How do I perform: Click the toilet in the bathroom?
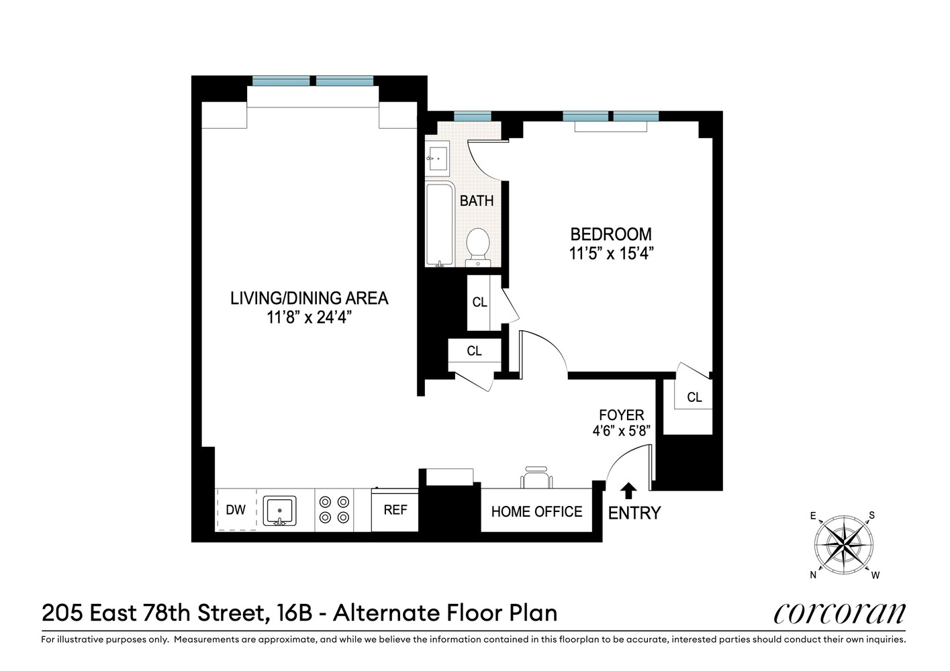click(478, 245)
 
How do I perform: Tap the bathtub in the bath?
click(439, 225)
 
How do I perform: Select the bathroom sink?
click(437, 159)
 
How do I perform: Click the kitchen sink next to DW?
click(279, 511)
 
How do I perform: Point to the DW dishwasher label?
click(236, 510)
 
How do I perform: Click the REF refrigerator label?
click(395, 510)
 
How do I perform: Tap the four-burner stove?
click(334, 509)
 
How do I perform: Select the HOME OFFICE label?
click(536, 512)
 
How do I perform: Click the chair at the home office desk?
click(537, 477)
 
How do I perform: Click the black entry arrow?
click(628, 491)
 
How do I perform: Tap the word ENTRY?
click(634, 513)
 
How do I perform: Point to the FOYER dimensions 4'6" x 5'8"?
click(621, 431)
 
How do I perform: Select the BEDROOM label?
click(610, 234)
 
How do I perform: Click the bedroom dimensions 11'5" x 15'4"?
click(611, 254)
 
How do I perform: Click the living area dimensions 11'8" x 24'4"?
click(309, 317)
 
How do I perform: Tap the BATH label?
click(477, 201)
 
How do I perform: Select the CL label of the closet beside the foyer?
click(694, 397)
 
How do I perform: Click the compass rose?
click(844, 544)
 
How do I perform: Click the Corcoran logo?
click(839, 613)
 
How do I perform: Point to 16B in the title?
click(294, 613)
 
